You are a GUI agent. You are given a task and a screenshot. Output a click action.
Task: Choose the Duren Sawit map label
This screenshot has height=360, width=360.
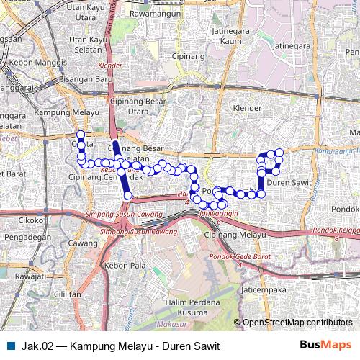click(x=288, y=183)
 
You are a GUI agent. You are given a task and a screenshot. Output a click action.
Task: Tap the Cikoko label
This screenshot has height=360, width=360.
click(x=32, y=221)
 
